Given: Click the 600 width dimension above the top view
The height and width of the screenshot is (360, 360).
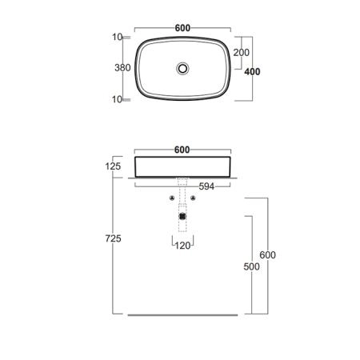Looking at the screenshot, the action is [182, 28].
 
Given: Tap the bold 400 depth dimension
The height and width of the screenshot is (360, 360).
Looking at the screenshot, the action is [252, 72].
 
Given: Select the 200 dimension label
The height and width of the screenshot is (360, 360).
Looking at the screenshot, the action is [242, 53].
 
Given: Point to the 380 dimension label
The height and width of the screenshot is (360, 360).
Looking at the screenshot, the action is [122, 68].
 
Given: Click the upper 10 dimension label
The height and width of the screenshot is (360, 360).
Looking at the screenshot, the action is [117, 37].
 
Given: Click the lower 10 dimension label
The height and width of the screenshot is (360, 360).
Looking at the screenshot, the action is [117, 99].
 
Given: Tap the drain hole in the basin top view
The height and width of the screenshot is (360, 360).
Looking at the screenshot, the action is [182, 69].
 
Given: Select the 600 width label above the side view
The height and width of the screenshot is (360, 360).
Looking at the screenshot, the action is [182, 150].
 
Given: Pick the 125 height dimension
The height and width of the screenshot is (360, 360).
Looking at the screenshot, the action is [113, 166].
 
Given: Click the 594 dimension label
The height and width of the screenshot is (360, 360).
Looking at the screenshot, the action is [206, 186].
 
